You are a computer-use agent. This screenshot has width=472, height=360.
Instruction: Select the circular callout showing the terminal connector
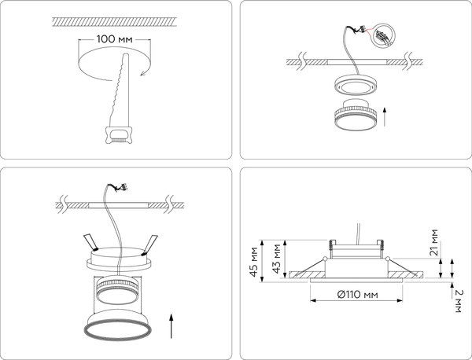click(x=383, y=36)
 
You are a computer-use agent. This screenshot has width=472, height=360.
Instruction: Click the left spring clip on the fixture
click(x=89, y=241)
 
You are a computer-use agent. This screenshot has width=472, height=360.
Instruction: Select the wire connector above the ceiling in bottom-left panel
click(x=119, y=189)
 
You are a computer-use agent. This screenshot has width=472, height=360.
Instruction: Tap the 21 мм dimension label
click(x=435, y=241)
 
